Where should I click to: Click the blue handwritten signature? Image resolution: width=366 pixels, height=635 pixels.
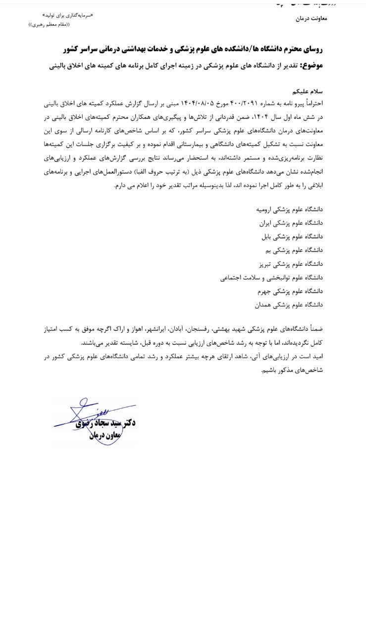pos(84,422)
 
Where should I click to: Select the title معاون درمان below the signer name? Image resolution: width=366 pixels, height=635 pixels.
pos(104,435)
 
